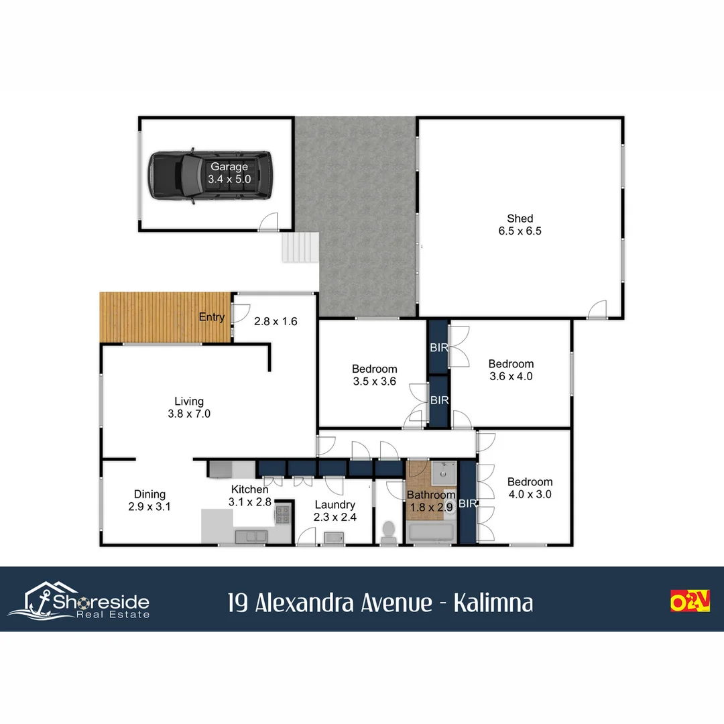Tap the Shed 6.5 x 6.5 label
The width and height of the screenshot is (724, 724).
click(x=520, y=225)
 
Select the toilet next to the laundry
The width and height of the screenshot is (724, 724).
click(x=388, y=532)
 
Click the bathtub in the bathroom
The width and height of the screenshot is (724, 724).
click(x=431, y=534)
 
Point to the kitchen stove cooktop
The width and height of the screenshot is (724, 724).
click(x=282, y=515)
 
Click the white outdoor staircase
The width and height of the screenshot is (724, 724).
click(x=298, y=247)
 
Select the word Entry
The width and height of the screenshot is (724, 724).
click(x=212, y=317)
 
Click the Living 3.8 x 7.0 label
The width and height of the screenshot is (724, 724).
click(x=188, y=408)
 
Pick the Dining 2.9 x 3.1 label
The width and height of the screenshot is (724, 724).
click(x=149, y=501)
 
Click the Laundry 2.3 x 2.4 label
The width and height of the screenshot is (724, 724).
click(x=334, y=511)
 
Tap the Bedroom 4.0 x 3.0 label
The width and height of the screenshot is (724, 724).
click(x=530, y=488)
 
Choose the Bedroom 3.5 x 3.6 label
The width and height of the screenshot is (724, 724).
click(x=374, y=375)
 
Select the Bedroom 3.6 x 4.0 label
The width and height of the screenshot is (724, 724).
click(x=511, y=370)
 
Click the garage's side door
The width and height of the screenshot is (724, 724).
click(x=268, y=222)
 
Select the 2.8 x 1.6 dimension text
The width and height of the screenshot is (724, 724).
click(x=275, y=321)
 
